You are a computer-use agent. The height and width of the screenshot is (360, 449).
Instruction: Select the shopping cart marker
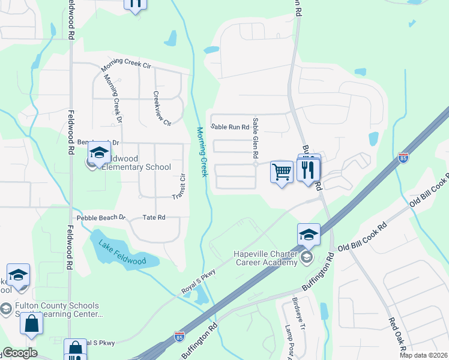coord(282,172)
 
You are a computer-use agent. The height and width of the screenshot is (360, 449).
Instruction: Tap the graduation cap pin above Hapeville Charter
coord(309,235)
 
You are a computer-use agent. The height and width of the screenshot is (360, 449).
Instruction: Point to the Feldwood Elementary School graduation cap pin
coord(99,154)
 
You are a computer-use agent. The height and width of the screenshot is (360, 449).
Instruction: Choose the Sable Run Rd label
coord(229,127)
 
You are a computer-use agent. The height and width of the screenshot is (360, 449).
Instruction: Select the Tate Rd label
coord(154,218)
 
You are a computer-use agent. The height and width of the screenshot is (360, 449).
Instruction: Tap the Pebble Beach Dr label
coord(101,218)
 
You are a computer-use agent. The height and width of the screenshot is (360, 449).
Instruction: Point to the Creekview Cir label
coord(162,108)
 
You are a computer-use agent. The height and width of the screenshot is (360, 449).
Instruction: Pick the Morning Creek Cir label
coord(125,63)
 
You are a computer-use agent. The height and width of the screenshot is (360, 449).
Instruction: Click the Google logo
coord(19,353)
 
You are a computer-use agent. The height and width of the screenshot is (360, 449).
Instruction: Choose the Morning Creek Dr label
coord(113,95)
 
